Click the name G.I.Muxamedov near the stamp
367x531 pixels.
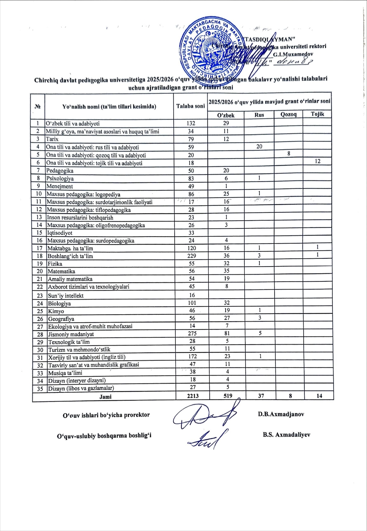click(x=293, y=54)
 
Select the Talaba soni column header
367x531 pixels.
click(x=190, y=106)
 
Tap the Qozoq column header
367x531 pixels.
click(x=288, y=114)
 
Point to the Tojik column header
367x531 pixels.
click(x=317, y=114)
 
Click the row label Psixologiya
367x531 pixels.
click(x=60, y=179)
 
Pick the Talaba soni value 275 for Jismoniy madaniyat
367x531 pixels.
click(x=192, y=333)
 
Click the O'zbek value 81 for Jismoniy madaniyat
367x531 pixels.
click(x=227, y=333)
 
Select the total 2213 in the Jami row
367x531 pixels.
click(x=193, y=396)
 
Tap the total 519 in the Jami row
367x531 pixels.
click(x=228, y=396)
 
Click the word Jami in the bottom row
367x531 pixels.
click(x=105, y=397)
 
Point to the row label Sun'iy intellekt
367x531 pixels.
click(x=66, y=296)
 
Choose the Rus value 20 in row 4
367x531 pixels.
click(x=259, y=146)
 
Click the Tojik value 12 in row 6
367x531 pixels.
click(x=317, y=161)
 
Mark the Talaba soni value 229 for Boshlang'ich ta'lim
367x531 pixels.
click(x=192, y=256)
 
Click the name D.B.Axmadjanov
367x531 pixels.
click(x=281, y=414)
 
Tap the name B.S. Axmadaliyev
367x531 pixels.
click(x=286, y=435)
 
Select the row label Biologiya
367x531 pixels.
click(x=60, y=303)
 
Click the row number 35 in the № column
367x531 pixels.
click(x=40, y=389)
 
